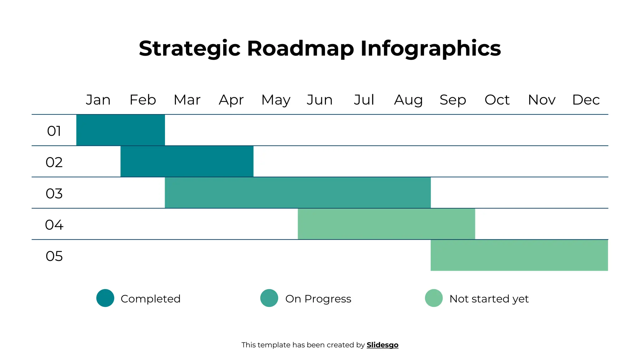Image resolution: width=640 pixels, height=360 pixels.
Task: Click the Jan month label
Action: pos(98,100)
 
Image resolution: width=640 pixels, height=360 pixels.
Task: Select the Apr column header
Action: pos(231,100)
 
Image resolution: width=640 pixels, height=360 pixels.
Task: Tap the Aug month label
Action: pos(408,100)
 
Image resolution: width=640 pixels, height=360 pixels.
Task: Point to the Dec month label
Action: pos(586,100)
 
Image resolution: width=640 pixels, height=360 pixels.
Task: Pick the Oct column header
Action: pos(497,100)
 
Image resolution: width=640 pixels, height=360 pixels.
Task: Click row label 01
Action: pos(54,131)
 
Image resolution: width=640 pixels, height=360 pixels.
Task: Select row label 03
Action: pos(54,193)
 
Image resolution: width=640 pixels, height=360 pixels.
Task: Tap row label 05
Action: pos(54,256)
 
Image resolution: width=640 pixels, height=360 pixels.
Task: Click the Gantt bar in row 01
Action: pos(121,130)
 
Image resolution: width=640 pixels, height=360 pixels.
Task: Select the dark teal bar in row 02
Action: pos(187,161)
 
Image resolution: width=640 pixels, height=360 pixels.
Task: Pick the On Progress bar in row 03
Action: pos(298,192)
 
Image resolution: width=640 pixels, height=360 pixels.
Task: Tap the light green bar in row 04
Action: pos(386,224)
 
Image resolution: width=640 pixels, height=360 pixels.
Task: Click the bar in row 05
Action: pos(519,255)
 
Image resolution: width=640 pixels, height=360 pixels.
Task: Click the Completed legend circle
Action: pos(105,298)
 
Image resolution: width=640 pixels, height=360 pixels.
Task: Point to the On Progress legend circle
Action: pos(269,298)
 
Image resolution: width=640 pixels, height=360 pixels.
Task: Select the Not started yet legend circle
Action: pos(434,298)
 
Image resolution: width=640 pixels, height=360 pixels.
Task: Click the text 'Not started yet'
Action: pos(489,299)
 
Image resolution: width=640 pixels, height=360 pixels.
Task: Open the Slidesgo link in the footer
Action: pos(382,345)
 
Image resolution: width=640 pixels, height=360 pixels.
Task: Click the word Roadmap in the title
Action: pos(300,48)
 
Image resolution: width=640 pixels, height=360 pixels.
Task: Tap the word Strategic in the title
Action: pos(189,48)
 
